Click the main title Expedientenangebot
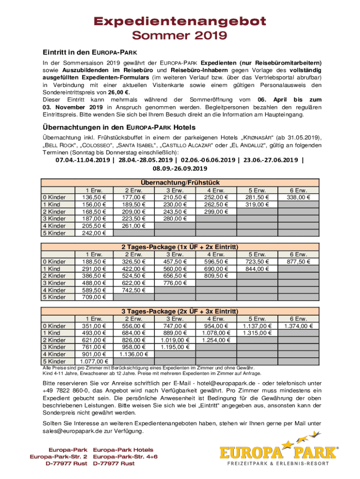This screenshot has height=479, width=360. tap(180, 21)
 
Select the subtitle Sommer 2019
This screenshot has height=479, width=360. tap(180, 36)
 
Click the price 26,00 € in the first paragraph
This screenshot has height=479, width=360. tap(119, 93)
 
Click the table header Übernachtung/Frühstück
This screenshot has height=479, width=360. tap(180, 182)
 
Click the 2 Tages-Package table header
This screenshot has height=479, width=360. tap(180, 247)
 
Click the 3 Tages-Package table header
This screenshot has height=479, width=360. tap(180, 311)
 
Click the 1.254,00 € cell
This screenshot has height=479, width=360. tap(215, 340)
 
